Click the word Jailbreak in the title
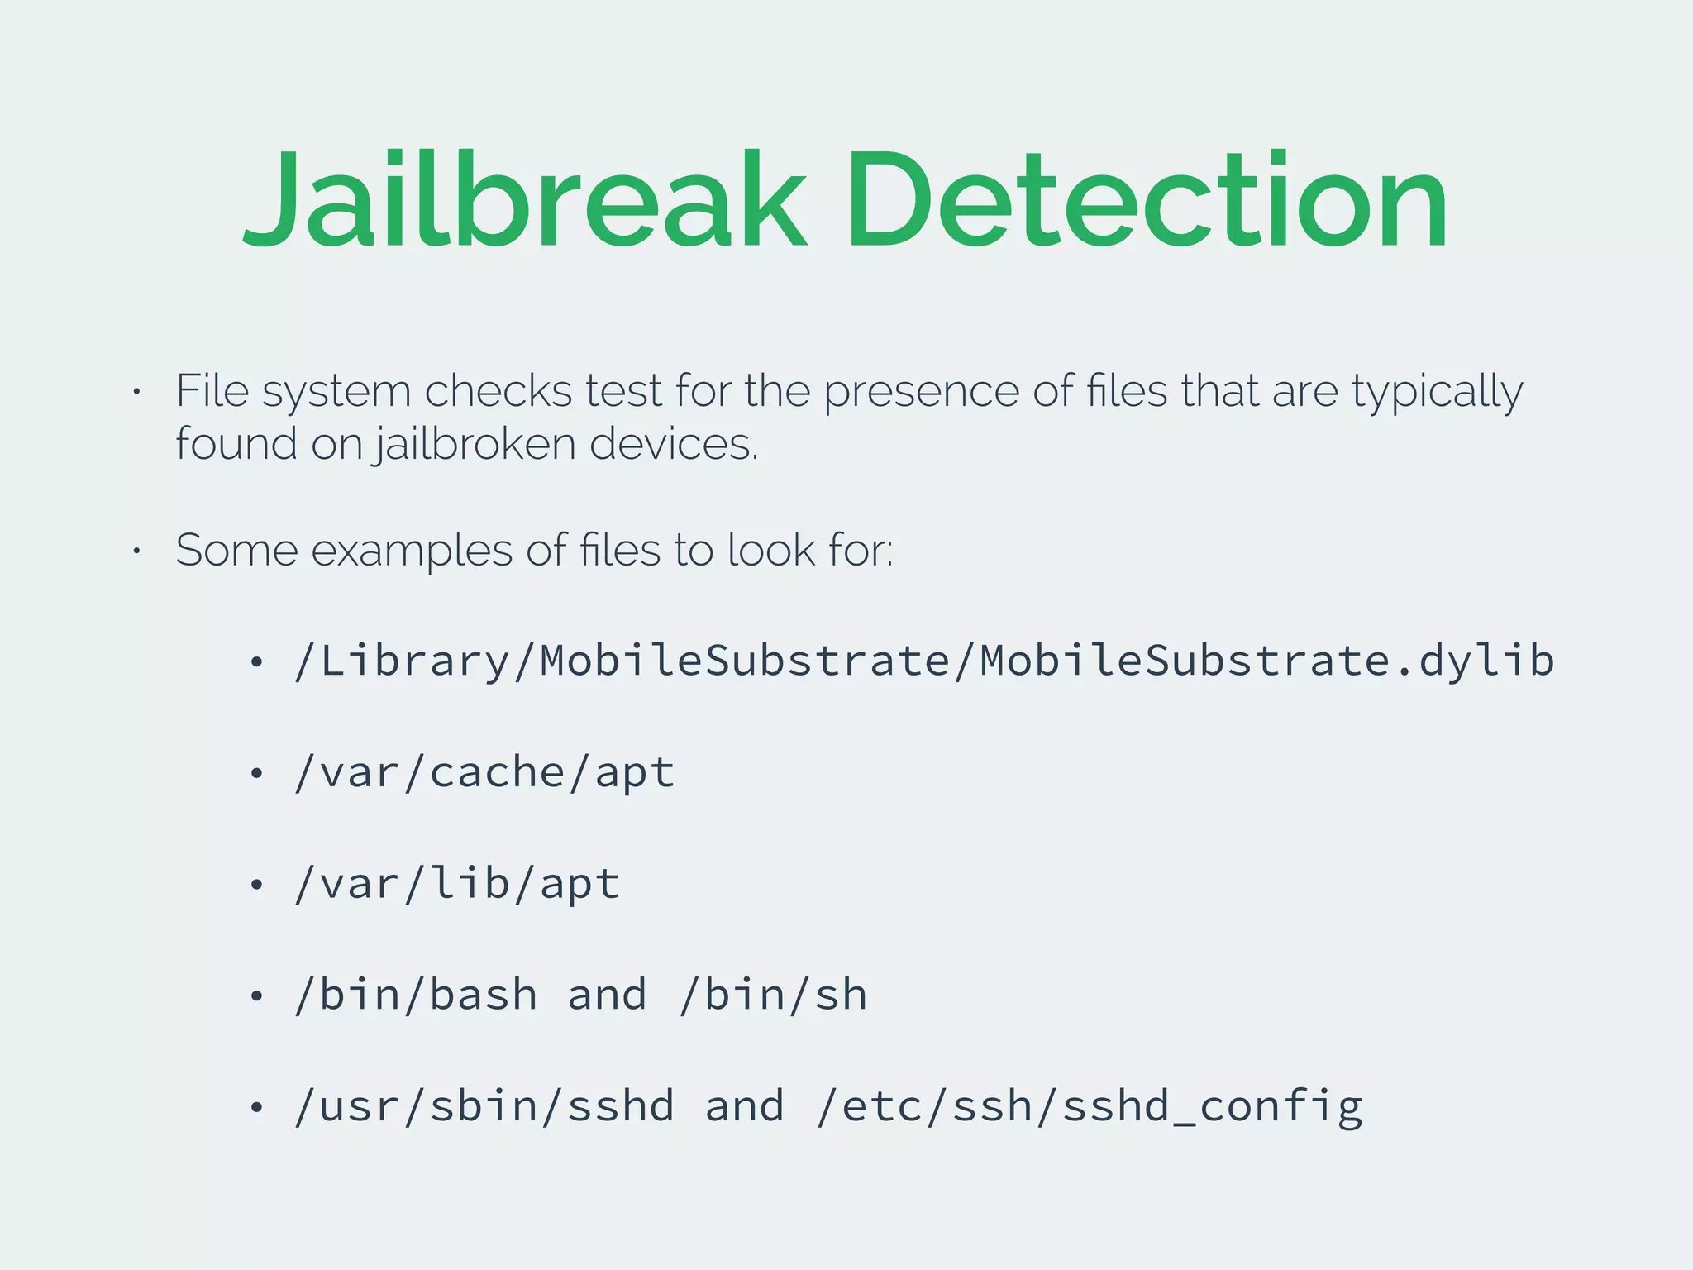click(524, 201)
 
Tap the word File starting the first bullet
click(212, 390)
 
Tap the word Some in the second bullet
click(236, 550)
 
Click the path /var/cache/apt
click(484, 773)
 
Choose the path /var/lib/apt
click(457, 884)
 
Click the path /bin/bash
click(416, 995)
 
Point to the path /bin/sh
click(773, 995)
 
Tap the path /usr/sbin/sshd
click(484, 1106)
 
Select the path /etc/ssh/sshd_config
click(1090, 1106)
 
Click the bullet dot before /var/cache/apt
click(257, 773)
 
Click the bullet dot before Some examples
click(137, 550)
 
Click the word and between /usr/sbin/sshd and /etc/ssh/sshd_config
click(745, 1106)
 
